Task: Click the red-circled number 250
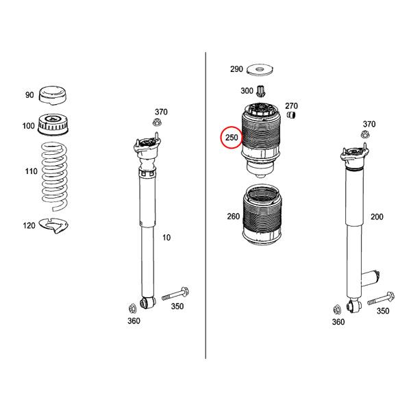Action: point(232,138)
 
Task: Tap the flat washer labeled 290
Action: point(260,70)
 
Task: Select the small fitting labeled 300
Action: point(261,90)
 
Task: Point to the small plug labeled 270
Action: point(291,115)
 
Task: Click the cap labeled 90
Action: point(53,95)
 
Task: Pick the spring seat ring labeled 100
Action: point(53,125)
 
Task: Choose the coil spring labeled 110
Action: point(55,176)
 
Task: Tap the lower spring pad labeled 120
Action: point(53,225)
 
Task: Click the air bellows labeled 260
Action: point(262,215)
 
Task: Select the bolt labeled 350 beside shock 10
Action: point(175,295)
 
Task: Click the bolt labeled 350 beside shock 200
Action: point(381,299)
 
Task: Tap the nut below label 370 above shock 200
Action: point(365,134)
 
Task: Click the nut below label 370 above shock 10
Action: point(157,122)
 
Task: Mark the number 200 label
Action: point(377,216)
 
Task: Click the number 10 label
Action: point(166,238)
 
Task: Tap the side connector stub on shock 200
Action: point(371,277)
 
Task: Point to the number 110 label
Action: point(32,171)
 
